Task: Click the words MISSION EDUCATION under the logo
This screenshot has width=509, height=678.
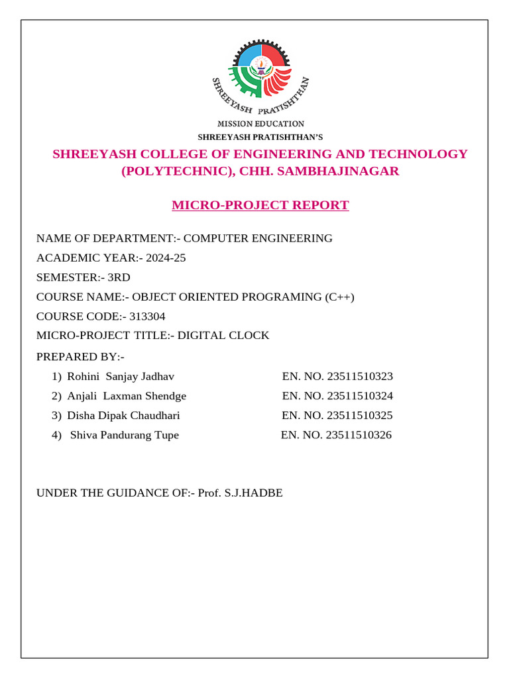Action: coord(261,124)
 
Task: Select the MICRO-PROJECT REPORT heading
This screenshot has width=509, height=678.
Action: coord(260,205)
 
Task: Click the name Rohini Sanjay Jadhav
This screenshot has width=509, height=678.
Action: coord(121,377)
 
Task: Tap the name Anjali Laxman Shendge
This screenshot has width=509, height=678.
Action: coord(127,396)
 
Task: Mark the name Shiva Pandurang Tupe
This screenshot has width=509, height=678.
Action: coord(125,435)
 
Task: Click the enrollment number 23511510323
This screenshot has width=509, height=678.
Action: coord(360,377)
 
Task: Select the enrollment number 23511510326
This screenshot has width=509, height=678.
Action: coord(359,435)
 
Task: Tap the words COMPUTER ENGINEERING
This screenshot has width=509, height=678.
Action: coord(258,238)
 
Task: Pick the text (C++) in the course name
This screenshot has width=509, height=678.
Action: coord(340,297)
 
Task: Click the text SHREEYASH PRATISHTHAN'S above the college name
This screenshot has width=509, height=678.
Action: coord(260,137)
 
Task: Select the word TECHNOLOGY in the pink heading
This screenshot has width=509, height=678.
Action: coord(422,154)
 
